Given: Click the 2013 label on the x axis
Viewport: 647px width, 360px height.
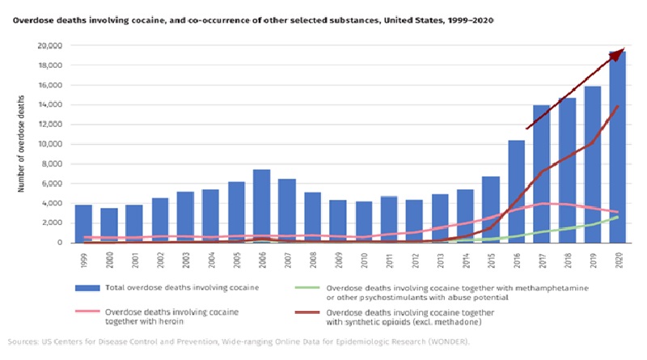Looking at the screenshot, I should (438, 262).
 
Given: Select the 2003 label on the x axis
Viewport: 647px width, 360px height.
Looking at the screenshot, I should (184, 262).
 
